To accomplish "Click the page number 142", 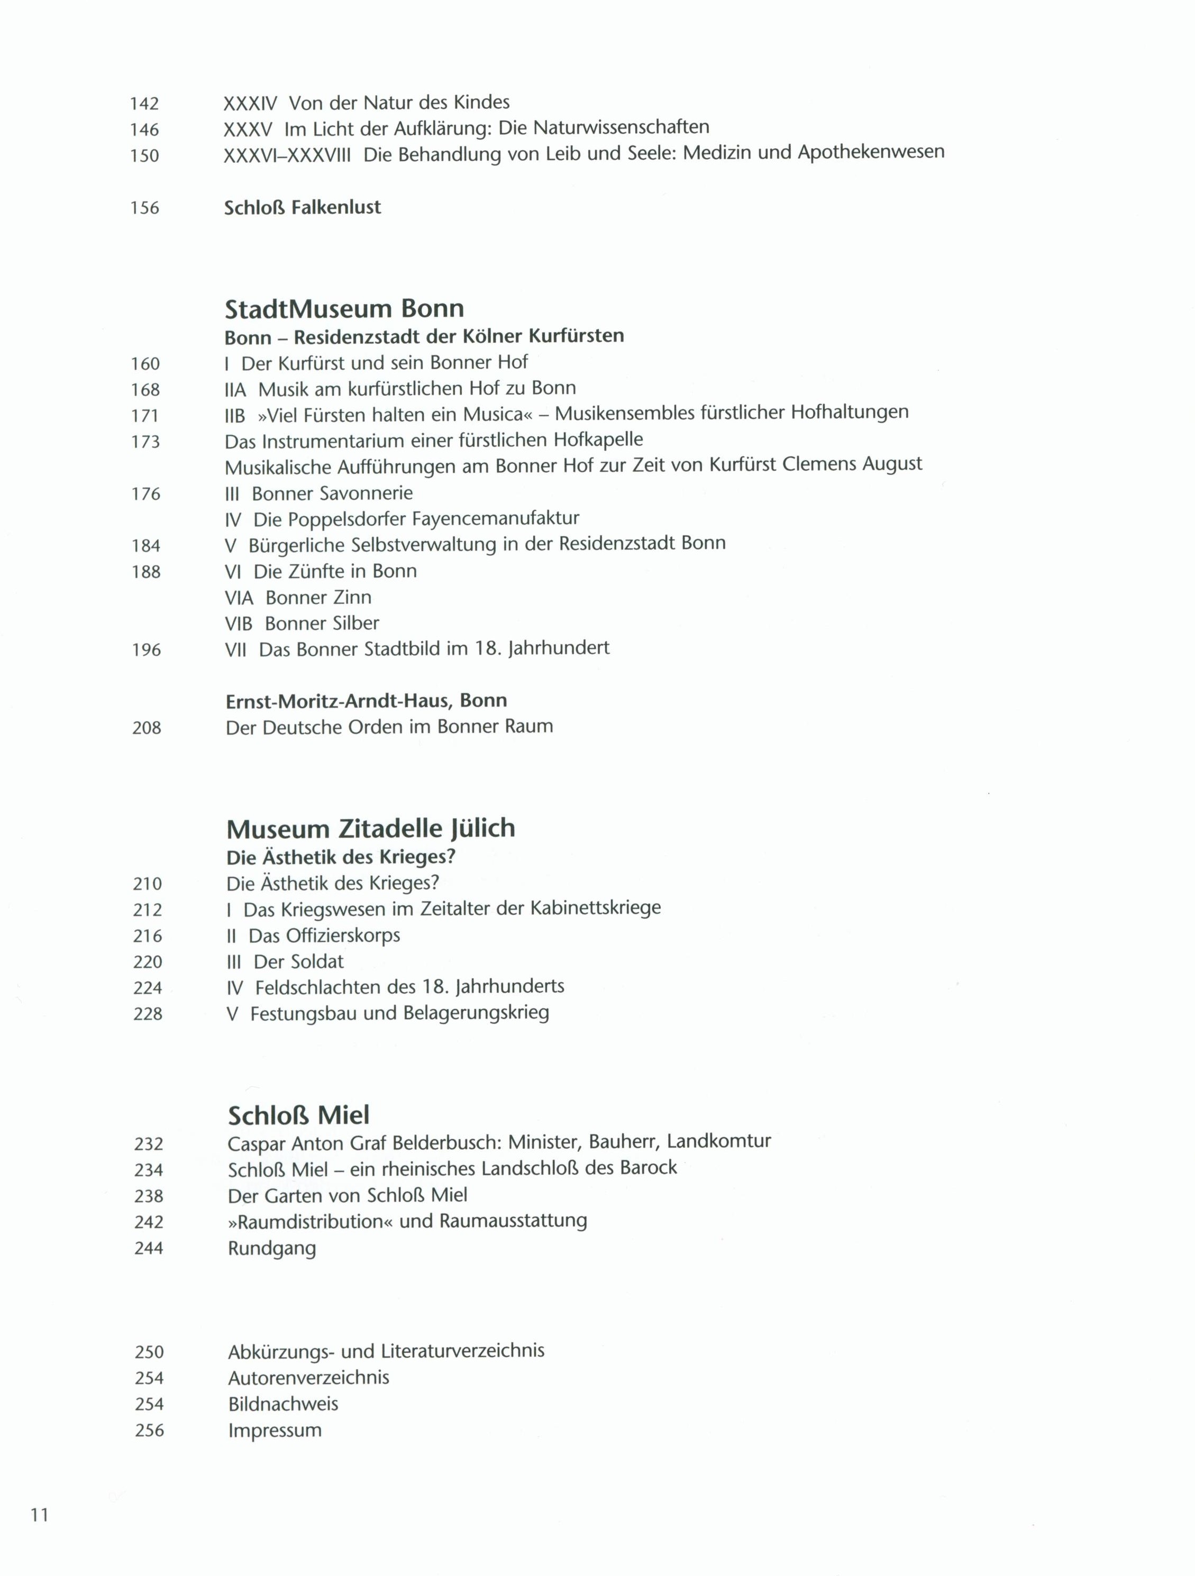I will coord(144,104).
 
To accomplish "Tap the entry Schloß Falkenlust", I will coord(302,207).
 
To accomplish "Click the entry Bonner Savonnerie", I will coord(332,493).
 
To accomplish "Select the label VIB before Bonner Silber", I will coord(239,624).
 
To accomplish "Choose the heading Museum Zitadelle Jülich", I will coord(370,829).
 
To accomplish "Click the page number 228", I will coord(148,1013).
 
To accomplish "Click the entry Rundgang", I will coord(271,1248).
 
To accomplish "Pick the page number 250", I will coord(149,1352).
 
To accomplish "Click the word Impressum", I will coord(275,1430).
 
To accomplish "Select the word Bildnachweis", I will coord(283,1404).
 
